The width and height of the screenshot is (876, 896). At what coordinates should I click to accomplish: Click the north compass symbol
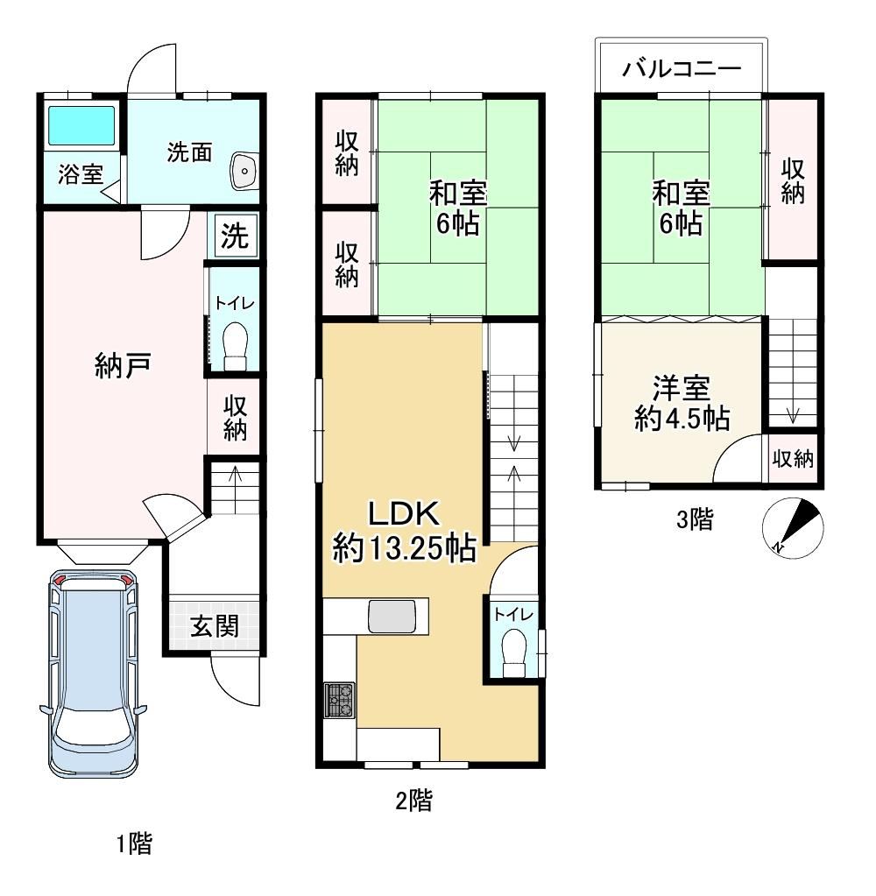click(793, 528)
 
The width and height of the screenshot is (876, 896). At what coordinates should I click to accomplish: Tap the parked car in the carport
click(93, 674)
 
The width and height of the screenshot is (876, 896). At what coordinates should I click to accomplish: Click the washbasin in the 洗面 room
click(244, 171)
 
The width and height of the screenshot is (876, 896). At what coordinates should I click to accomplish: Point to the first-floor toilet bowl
click(234, 346)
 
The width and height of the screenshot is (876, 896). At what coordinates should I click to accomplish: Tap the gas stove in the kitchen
click(339, 700)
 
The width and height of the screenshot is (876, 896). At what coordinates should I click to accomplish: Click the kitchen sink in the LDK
click(392, 617)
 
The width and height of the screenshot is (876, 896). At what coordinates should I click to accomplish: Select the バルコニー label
click(682, 69)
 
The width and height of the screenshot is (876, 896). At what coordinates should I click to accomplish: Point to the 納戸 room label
click(123, 365)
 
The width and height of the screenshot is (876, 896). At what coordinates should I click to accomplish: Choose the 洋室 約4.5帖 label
click(682, 403)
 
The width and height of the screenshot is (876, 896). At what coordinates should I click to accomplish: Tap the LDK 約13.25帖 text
click(404, 531)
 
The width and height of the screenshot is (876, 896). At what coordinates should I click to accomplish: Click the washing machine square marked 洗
click(235, 235)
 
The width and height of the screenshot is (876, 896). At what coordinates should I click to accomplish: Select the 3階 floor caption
click(695, 520)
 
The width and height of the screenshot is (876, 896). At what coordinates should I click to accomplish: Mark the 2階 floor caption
click(413, 801)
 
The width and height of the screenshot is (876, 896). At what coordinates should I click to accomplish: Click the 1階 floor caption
click(135, 844)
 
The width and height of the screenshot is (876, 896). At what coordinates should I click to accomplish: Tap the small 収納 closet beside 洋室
click(793, 458)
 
